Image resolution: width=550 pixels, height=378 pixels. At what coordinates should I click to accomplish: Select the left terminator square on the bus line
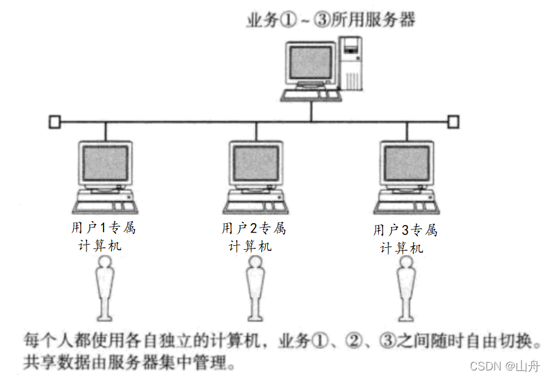click(54, 121)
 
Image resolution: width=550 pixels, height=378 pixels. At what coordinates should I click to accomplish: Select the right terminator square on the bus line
click(453, 121)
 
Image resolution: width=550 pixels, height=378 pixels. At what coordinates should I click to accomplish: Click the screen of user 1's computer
click(105, 164)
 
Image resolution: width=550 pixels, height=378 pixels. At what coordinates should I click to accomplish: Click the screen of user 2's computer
click(256, 164)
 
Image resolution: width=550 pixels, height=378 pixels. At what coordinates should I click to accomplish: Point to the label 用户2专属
click(253, 228)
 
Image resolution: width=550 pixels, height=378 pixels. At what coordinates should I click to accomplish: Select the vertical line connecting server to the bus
click(311, 111)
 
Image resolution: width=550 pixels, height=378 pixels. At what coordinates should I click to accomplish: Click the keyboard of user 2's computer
click(256, 205)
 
